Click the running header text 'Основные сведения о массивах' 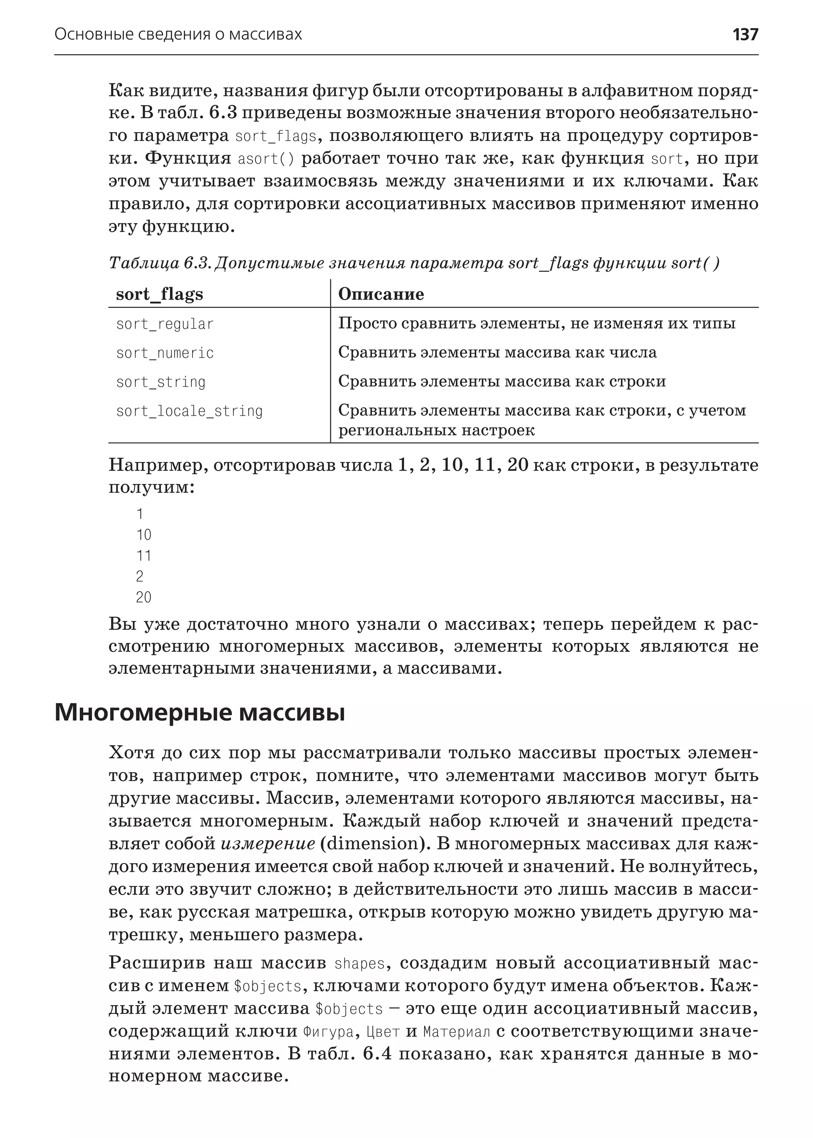(x=178, y=35)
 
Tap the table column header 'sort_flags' (x=159, y=294)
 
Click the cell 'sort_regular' (x=165, y=324)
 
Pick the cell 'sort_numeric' (x=165, y=353)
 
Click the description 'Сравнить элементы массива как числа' (x=497, y=352)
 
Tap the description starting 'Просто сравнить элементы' (x=537, y=323)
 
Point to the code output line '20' (x=143, y=597)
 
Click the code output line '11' (x=143, y=556)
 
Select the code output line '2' (x=139, y=577)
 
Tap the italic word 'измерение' (x=268, y=844)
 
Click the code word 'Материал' (x=457, y=1032)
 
